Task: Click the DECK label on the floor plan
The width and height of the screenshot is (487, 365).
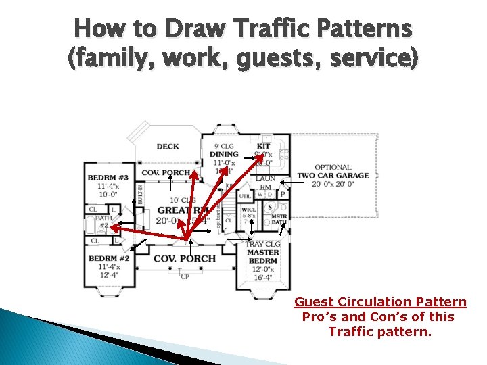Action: (x=168, y=147)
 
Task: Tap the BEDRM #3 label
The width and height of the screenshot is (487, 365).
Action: (x=108, y=178)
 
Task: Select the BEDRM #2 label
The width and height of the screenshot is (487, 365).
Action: (x=108, y=259)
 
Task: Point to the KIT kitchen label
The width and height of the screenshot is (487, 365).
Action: (x=263, y=146)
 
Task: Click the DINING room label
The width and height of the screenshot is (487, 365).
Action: (x=224, y=155)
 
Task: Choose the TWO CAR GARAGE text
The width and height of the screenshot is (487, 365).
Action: (x=333, y=176)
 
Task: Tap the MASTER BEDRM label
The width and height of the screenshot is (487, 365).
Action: (x=262, y=257)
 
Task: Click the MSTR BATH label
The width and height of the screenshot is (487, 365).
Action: (x=279, y=219)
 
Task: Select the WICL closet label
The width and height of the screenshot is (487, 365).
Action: (x=249, y=210)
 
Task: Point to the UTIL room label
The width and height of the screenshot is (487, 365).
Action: (x=244, y=196)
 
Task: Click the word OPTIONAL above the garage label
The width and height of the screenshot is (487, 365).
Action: (x=333, y=167)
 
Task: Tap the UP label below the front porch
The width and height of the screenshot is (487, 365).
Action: (x=185, y=276)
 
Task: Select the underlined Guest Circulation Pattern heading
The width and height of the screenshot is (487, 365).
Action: (x=379, y=302)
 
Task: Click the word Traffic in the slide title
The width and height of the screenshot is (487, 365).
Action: (x=267, y=29)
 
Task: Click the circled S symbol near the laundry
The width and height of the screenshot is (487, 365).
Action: (x=270, y=207)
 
